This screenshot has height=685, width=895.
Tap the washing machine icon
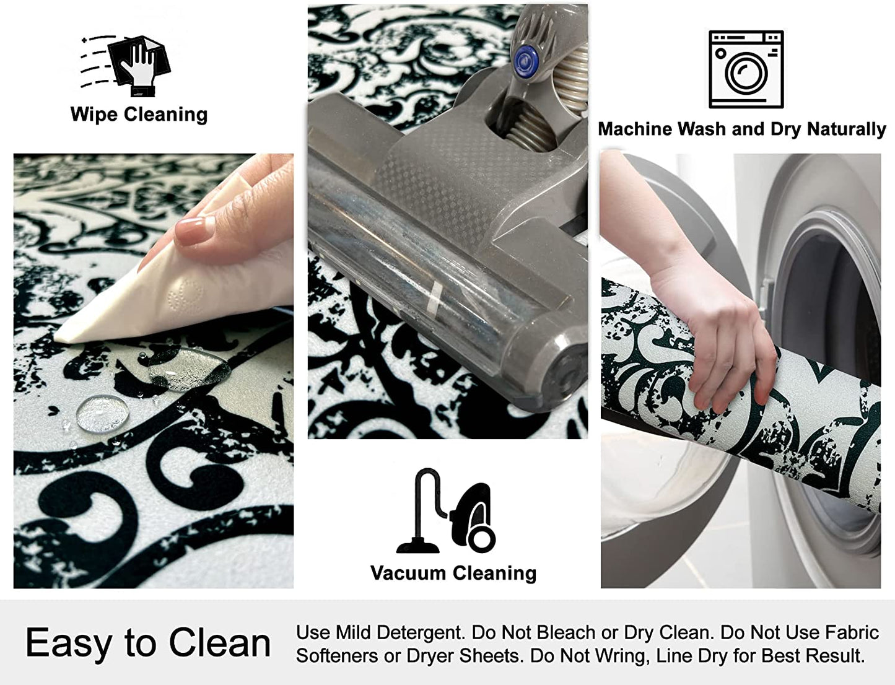point(746,69)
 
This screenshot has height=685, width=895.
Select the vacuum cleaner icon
point(446,510)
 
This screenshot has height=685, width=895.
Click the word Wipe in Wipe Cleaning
point(94,114)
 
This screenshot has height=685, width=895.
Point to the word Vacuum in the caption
point(409,573)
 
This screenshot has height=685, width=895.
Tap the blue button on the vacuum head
point(526,60)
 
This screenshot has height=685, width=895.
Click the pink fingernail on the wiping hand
point(195,231)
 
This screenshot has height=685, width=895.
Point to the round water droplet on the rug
point(102,414)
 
